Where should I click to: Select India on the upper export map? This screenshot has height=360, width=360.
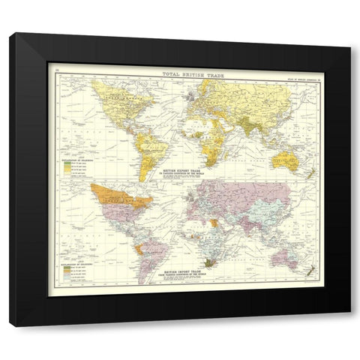240,124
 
